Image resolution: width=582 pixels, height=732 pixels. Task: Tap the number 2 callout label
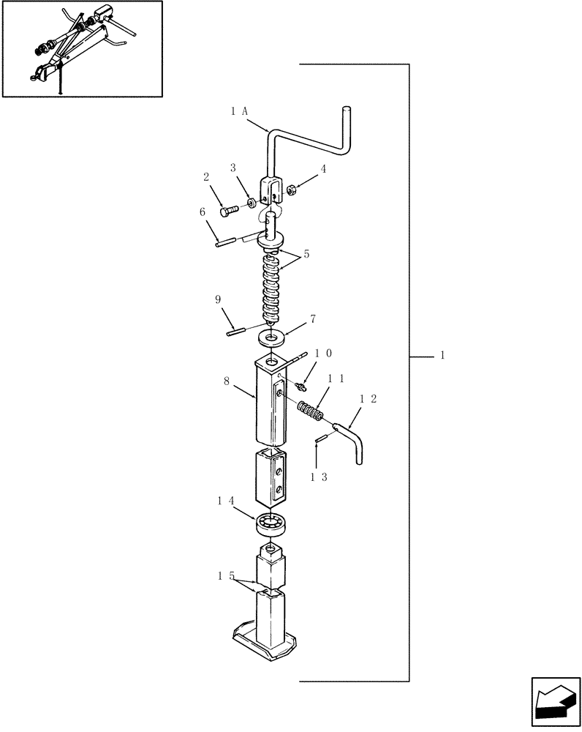(x=206, y=176)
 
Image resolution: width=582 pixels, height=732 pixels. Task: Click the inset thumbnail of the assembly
(x=82, y=49)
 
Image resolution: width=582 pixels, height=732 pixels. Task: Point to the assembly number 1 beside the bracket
(x=442, y=355)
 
